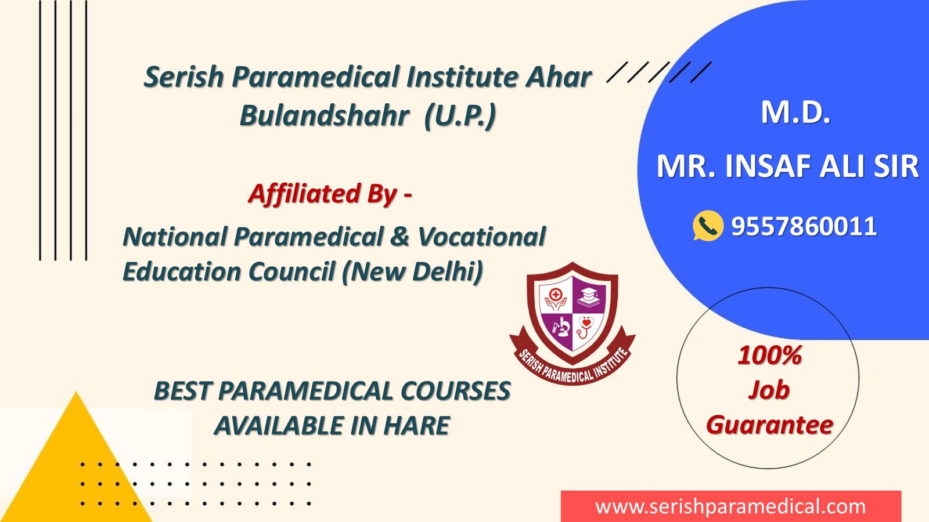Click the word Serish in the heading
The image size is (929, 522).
(x=183, y=77)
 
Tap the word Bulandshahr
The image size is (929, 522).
(x=325, y=115)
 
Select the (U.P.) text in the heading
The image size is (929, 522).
(x=460, y=116)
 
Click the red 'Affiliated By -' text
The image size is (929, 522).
(x=330, y=194)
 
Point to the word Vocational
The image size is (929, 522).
(x=481, y=237)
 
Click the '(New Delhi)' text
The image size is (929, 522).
(x=413, y=272)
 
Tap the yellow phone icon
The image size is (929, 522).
(x=708, y=226)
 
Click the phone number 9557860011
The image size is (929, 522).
(x=804, y=227)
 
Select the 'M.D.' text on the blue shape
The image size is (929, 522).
(x=795, y=113)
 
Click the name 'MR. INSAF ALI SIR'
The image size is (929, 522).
(x=787, y=166)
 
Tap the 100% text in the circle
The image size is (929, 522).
(x=770, y=356)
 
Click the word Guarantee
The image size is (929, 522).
(x=770, y=425)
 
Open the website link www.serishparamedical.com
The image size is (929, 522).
(x=731, y=507)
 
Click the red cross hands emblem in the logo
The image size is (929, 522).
(x=556, y=300)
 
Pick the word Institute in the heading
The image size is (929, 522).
(x=462, y=77)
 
